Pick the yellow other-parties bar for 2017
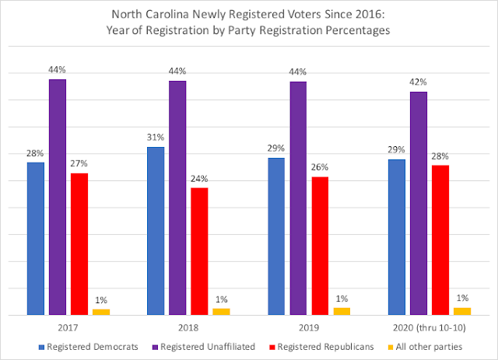pos(101,311)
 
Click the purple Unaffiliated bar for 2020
pos(419,203)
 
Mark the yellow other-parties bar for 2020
pos(462,311)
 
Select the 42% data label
pos(419,82)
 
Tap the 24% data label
pos(199,178)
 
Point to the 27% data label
pos(79,163)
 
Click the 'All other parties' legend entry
pos(433,346)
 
